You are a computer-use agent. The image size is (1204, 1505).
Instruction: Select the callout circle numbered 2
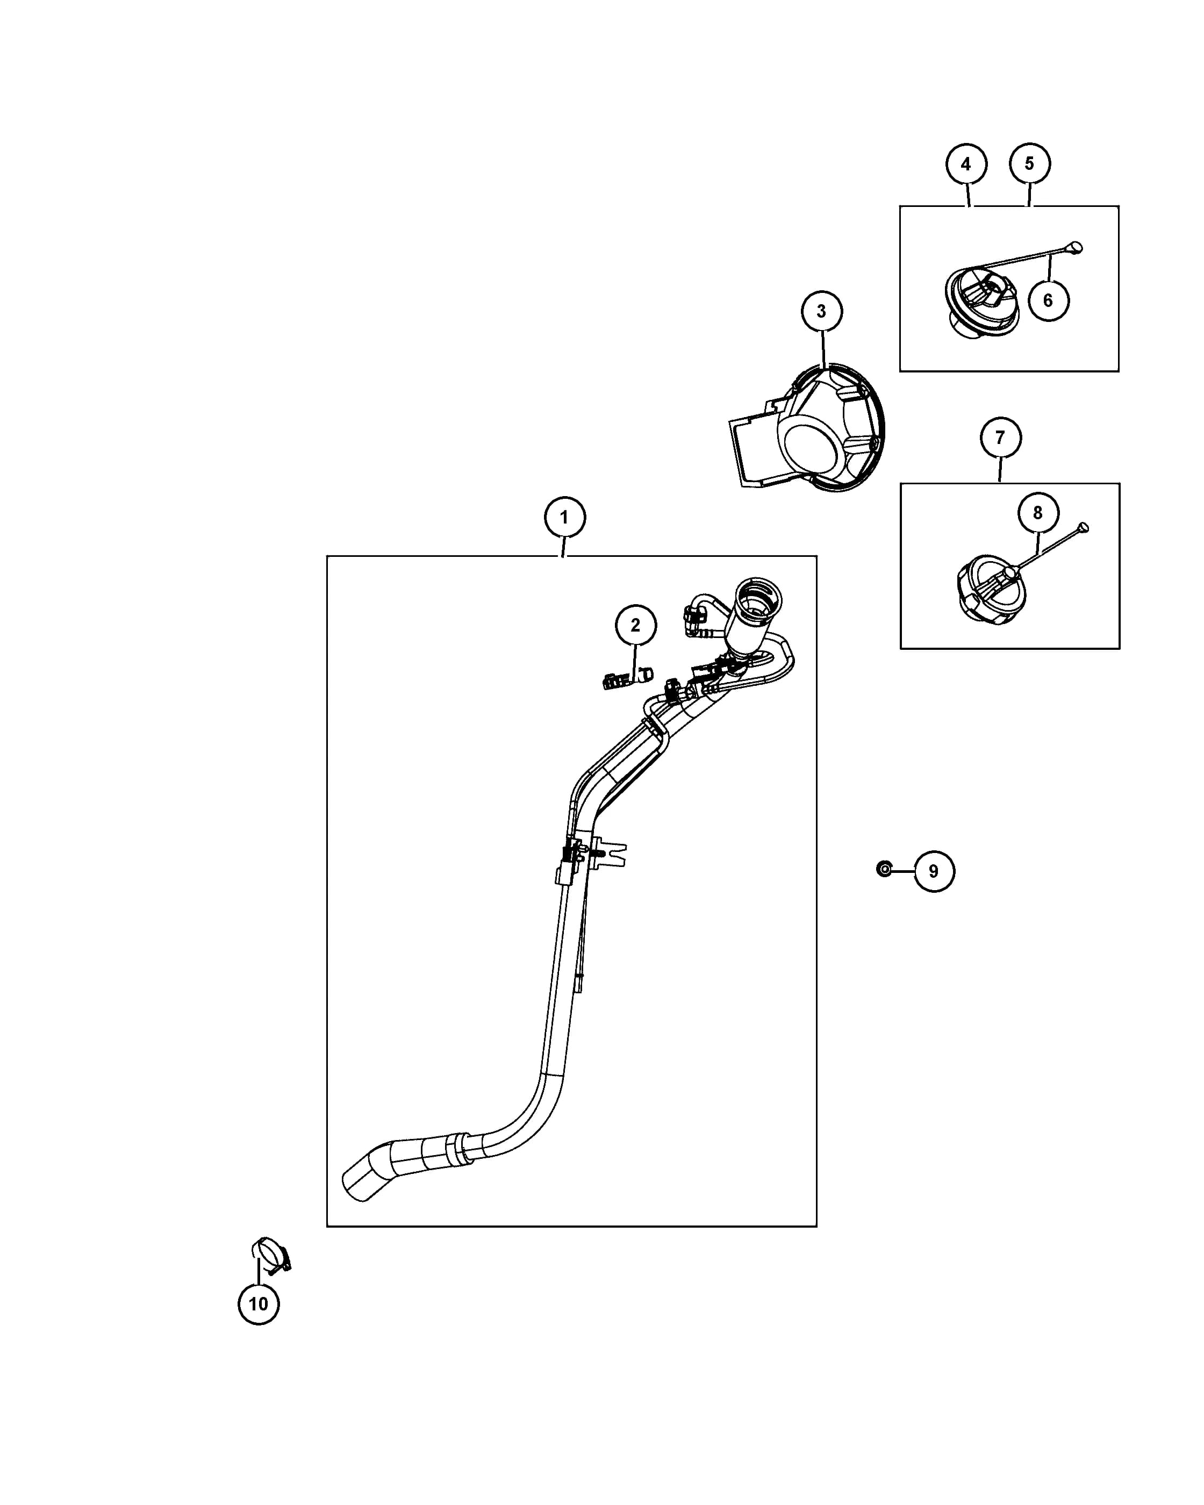click(635, 625)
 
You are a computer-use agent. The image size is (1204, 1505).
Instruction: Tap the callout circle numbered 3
click(821, 311)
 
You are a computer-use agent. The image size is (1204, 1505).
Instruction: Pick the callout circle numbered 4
click(966, 164)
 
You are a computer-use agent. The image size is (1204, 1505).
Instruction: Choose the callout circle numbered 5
click(1029, 163)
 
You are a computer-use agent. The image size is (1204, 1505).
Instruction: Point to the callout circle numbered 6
click(1048, 300)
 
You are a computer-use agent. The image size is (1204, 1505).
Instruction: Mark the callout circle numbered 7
click(1000, 438)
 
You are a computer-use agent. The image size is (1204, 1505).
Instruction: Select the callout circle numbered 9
click(934, 871)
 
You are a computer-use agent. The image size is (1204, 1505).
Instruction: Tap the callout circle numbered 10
click(258, 1304)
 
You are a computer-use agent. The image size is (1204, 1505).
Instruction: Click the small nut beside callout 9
click(884, 869)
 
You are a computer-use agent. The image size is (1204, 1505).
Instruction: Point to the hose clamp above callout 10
click(271, 1255)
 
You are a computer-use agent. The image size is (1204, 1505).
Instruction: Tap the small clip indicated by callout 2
click(627, 678)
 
